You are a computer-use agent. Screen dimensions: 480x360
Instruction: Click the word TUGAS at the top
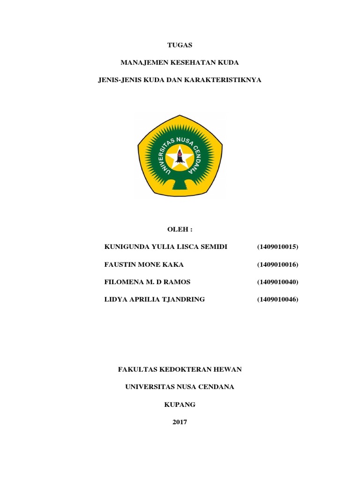tap(180, 45)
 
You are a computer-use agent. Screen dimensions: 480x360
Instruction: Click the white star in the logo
tap(180, 157)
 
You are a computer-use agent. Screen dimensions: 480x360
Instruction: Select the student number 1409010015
tap(277, 247)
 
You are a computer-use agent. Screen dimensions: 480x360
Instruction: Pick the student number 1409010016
tap(277, 264)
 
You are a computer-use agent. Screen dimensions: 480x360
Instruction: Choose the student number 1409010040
tap(277, 282)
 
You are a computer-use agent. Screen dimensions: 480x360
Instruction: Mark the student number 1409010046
tap(277, 299)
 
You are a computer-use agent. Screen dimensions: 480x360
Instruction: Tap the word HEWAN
tap(228, 369)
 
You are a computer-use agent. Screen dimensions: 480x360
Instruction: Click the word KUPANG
tap(180, 405)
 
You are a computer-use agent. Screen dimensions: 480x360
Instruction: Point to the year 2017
tap(180, 422)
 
